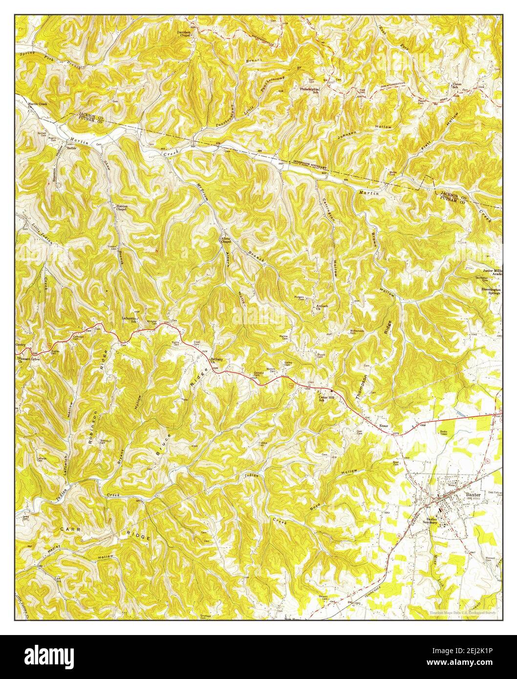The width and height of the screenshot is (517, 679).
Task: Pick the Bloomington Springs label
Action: tap(490, 291)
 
